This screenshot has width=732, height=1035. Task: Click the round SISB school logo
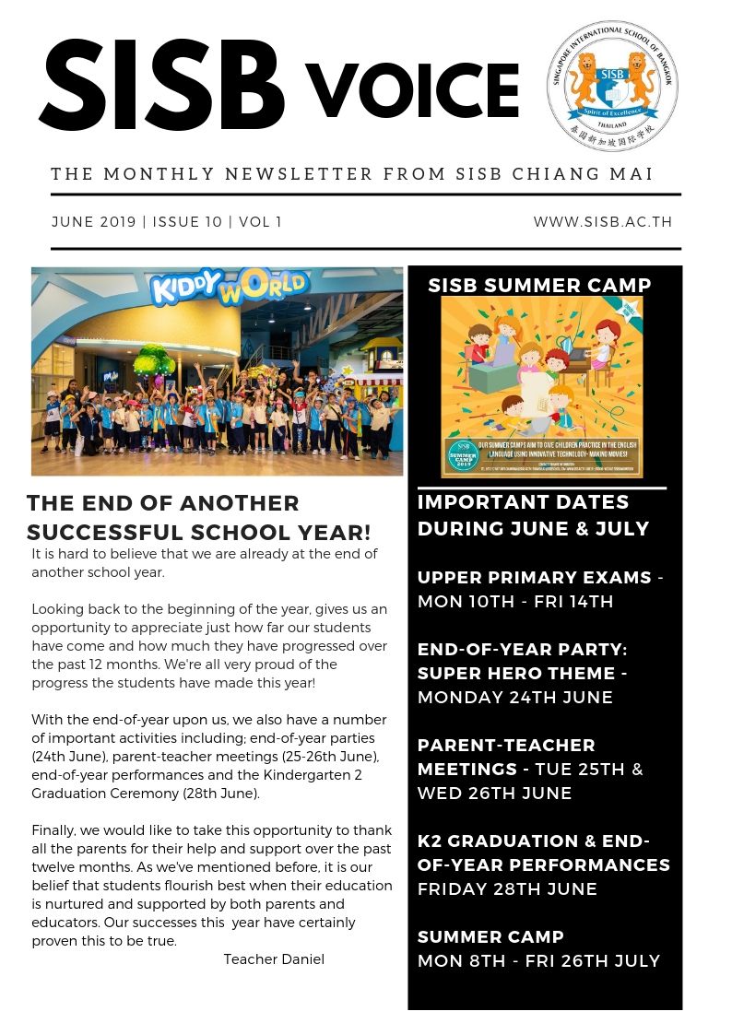pos(611,86)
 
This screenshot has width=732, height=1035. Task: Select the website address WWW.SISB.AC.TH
pos(603,222)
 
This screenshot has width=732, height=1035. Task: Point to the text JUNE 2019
pos(93,222)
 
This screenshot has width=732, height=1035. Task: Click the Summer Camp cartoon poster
pos(541,373)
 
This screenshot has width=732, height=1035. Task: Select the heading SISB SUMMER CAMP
pos(540,286)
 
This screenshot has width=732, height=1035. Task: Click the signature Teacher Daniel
pos(274,959)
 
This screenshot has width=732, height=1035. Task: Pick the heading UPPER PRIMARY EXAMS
pos(535,578)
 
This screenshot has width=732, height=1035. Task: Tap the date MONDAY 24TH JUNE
pos(514,698)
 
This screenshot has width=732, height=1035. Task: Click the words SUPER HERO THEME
pos(516,674)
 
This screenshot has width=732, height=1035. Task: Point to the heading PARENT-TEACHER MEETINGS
pos(507,757)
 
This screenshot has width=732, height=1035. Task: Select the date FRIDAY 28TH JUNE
pos(507,889)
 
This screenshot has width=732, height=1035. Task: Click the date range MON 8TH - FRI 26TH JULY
pos(538,961)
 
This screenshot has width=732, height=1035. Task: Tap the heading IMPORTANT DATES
pos(523,502)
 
